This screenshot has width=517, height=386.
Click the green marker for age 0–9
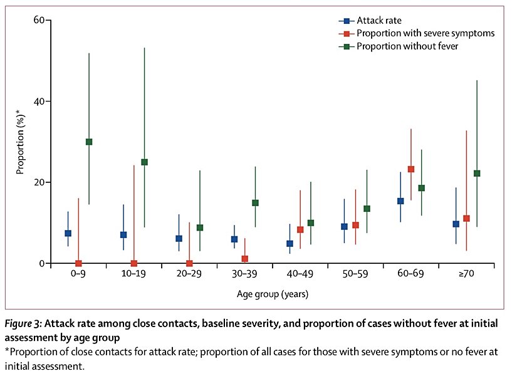click(88, 142)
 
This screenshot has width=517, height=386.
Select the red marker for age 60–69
click(411, 169)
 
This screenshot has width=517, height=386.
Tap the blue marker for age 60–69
click(400, 201)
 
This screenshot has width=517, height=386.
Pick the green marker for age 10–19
click(145, 162)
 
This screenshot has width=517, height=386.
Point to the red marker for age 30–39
click(245, 259)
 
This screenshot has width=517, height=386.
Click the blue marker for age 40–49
click(290, 244)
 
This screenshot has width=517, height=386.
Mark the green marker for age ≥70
click(478, 174)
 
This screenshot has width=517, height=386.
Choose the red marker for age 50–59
click(356, 225)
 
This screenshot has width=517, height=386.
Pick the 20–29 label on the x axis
click(188, 274)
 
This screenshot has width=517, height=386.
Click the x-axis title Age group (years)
click(273, 293)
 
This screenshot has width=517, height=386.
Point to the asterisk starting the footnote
click(8, 352)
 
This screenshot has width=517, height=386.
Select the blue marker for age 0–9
click(68, 233)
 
